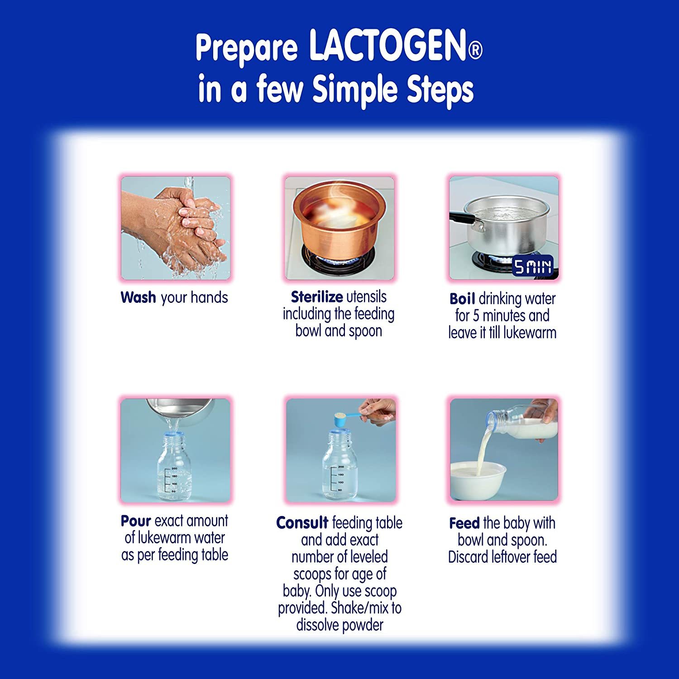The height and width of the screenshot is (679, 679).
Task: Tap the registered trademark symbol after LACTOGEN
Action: click(x=475, y=50)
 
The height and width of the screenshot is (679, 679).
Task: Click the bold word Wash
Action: click(x=138, y=297)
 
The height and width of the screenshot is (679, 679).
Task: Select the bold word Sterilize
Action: click(x=316, y=297)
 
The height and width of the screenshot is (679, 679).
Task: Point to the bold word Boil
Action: click(x=462, y=299)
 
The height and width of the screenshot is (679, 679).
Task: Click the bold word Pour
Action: click(x=135, y=521)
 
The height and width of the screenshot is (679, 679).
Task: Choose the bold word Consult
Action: click(x=302, y=523)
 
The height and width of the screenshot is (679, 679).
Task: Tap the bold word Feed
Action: click(x=464, y=523)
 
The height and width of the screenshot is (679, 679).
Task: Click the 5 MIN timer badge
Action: click(x=532, y=266)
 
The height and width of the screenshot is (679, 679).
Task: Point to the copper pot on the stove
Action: click(x=339, y=217)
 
